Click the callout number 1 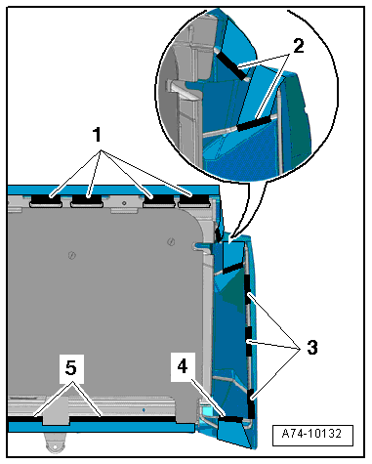point(97,135)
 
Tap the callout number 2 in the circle point(298,46)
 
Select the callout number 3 point(311,347)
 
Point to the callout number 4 point(183,366)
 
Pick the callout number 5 point(71,368)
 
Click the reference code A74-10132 point(311,434)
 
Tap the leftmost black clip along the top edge point(46,198)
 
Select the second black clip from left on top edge point(87,198)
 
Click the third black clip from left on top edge point(159,198)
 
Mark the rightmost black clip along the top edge point(194,198)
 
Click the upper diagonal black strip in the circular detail point(231,65)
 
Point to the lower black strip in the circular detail point(255,123)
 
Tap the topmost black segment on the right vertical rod point(248,289)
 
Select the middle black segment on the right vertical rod point(249,342)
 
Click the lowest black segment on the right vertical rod point(251,403)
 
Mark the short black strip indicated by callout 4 point(231,418)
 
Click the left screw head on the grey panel point(72,255)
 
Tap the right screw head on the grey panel point(171,241)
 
